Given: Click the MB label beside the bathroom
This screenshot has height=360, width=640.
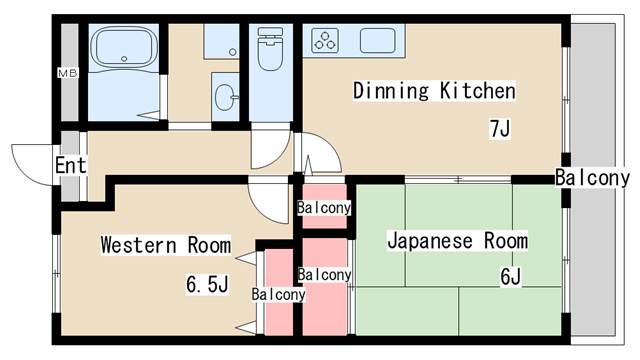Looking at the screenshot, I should [68, 74].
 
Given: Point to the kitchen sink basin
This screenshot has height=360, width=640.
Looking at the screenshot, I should [378, 41].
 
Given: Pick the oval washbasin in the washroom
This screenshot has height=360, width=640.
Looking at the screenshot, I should [224, 97].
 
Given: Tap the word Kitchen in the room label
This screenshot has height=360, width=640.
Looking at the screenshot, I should [478, 92].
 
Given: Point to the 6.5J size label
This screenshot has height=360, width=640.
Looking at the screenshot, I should [206, 286].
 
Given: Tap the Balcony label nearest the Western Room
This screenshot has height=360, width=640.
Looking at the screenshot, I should [278, 295].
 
